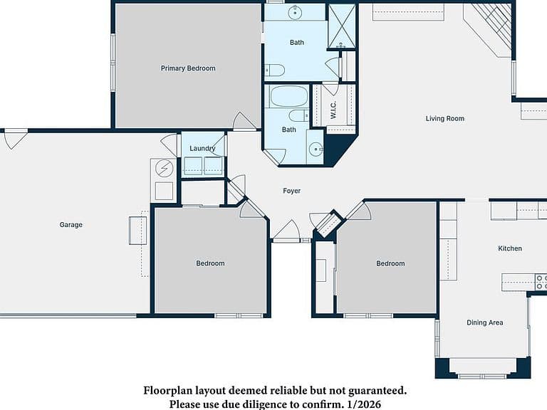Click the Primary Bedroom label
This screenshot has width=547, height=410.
tap(188, 68)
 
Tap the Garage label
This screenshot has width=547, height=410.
tap(71, 225)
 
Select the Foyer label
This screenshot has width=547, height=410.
tap(291, 191)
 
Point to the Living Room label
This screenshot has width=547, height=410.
tap(444, 119)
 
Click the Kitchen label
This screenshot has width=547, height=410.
tap(510, 248)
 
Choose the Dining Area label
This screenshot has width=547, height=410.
tap(485, 322)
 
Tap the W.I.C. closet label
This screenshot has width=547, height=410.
tap(333, 110)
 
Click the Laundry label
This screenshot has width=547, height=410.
tap(202, 148)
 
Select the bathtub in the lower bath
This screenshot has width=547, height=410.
tap(289, 96)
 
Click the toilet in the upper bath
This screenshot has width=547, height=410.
tap(275, 70)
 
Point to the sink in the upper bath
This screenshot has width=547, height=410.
tap(295, 13)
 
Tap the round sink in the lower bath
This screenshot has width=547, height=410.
tap(316, 149)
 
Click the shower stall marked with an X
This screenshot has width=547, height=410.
tap(342, 26)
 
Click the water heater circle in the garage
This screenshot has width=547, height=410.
tap(164, 169)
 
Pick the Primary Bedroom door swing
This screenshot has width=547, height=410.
tap(244, 120)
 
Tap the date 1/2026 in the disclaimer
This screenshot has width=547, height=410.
tap(364, 404)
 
